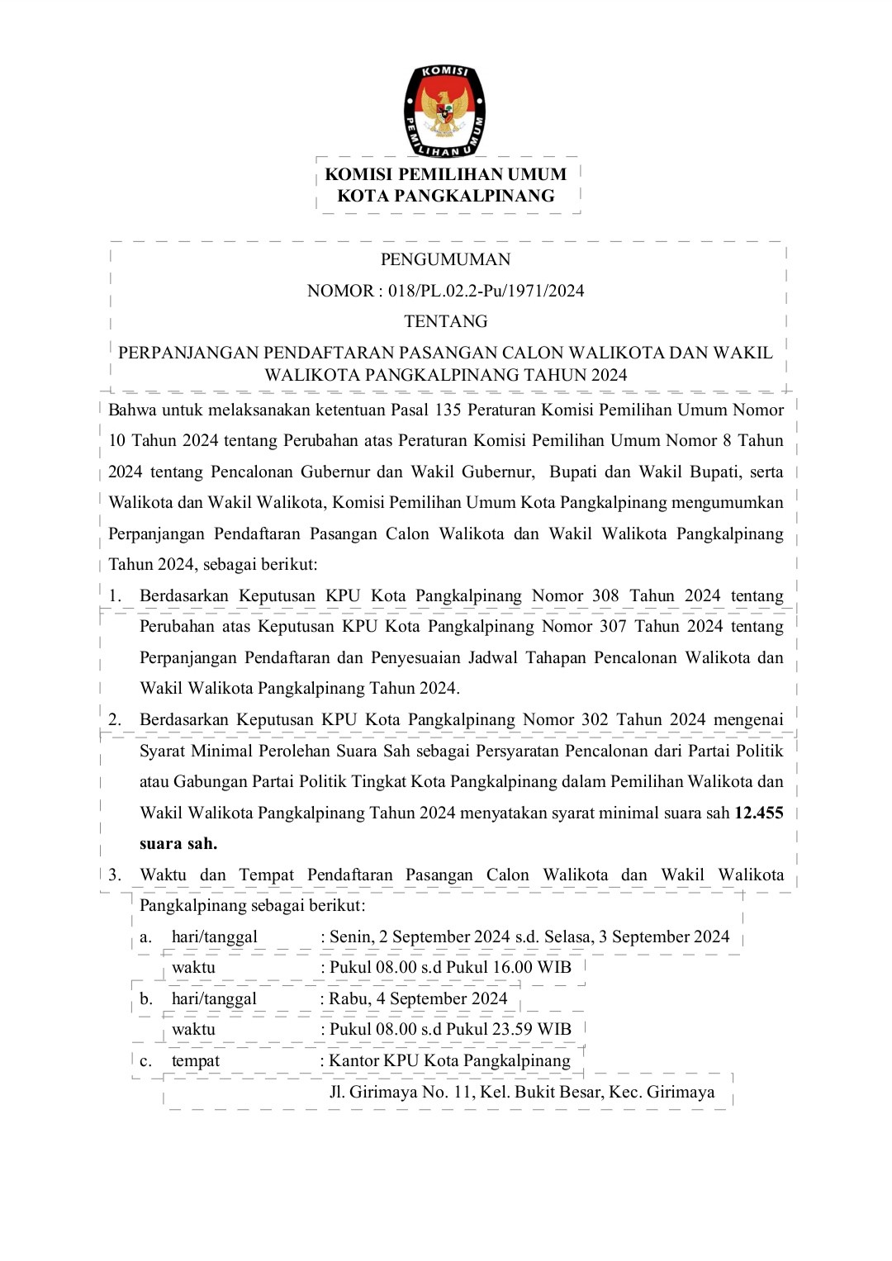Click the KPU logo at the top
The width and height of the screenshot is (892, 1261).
tap(444, 111)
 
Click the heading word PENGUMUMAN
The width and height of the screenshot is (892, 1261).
tap(445, 259)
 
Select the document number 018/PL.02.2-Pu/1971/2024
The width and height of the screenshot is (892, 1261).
tap(486, 291)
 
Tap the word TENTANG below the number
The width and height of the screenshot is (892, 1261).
tap(445, 321)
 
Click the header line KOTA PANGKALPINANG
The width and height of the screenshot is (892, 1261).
tap(445, 197)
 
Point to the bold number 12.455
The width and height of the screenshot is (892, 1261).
tap(758, 813)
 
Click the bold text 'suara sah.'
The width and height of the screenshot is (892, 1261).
tap(178, 843)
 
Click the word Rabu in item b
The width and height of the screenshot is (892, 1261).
tap(348, 998)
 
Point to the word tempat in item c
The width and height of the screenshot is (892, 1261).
tap(196, 1060)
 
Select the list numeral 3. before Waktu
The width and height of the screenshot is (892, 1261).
tap(115, 875)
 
